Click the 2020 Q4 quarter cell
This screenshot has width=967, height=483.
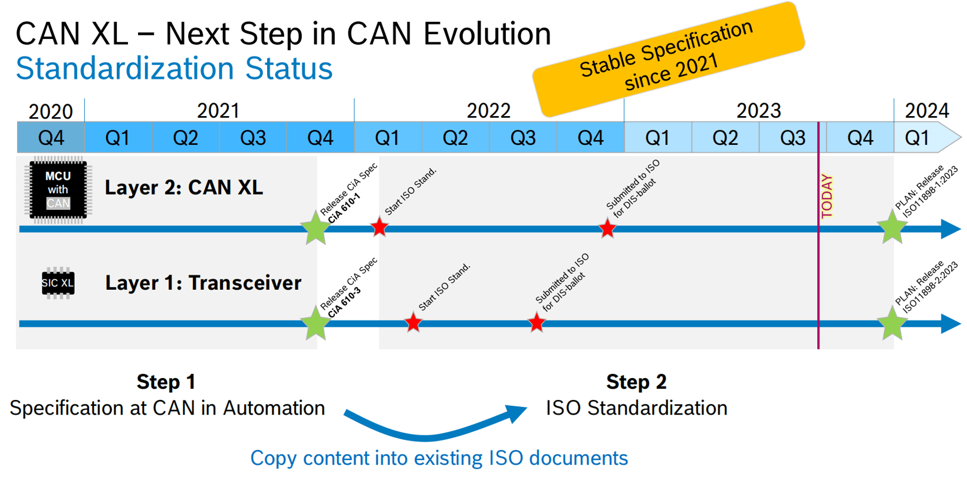point(51,138)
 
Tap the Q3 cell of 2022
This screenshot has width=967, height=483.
point(523,138)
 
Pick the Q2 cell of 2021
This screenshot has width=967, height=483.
point(186,138)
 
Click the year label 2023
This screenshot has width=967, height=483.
point(758,111)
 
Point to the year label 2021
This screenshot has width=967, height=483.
point(218,111)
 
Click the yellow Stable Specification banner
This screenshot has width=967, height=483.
point(668,59)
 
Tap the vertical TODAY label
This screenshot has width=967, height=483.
point(827,197)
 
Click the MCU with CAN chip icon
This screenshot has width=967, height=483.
point(58,190)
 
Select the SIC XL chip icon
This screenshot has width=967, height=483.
point(58,283)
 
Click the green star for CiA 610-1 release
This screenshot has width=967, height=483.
point(315,228)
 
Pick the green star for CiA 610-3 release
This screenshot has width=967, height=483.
point(315,323)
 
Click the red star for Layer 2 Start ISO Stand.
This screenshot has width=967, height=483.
point(380,227)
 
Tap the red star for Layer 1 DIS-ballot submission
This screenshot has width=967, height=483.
point(537,323)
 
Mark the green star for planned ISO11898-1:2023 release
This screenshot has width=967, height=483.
point(892,227)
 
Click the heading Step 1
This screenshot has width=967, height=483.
point(166,382)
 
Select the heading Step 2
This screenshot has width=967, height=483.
point(636,382)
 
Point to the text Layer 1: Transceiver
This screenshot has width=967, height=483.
point(203,283)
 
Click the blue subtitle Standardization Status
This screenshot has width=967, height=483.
point(175,68)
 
